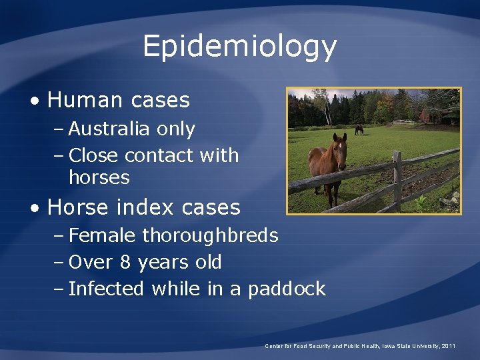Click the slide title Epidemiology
click(239, 47)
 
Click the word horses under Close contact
click(99, 177)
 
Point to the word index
click(141, 207)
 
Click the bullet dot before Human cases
click(34, 101)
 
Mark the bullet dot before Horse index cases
click(34, 208)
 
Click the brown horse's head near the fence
click(339, 150)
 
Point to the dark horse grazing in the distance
click(359, 129)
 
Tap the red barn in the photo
click(433, 115)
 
